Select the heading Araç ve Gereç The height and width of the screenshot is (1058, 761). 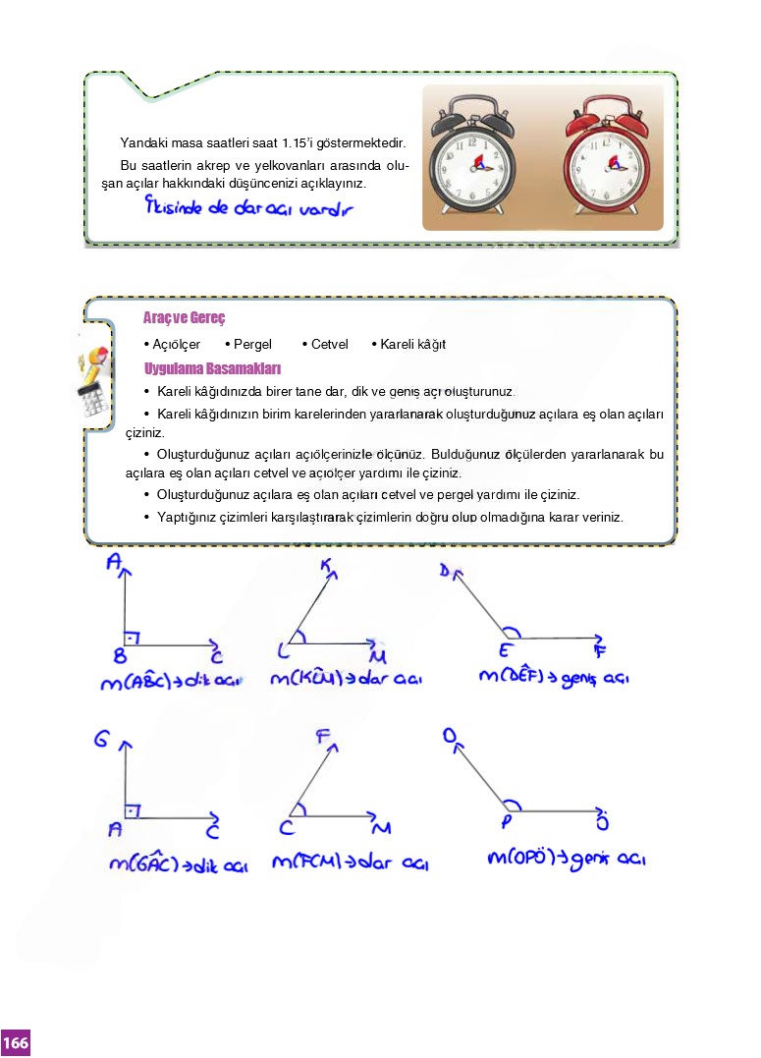coord(185,319)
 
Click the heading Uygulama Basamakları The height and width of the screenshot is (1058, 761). coord(213,369)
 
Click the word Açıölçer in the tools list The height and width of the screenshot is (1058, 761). coord(176,345)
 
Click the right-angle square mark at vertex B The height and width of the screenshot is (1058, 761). coord(131,639)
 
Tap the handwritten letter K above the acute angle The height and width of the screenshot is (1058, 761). coord(327,565)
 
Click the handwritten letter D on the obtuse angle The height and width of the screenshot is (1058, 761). coord(445,571)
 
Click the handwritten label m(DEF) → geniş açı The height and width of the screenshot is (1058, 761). coord(553,678)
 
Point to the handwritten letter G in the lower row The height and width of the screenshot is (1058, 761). coord(101,740)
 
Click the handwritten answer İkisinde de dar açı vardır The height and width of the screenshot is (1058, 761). coord(247,208)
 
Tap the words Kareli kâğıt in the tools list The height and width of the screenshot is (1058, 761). coord(412,345)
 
